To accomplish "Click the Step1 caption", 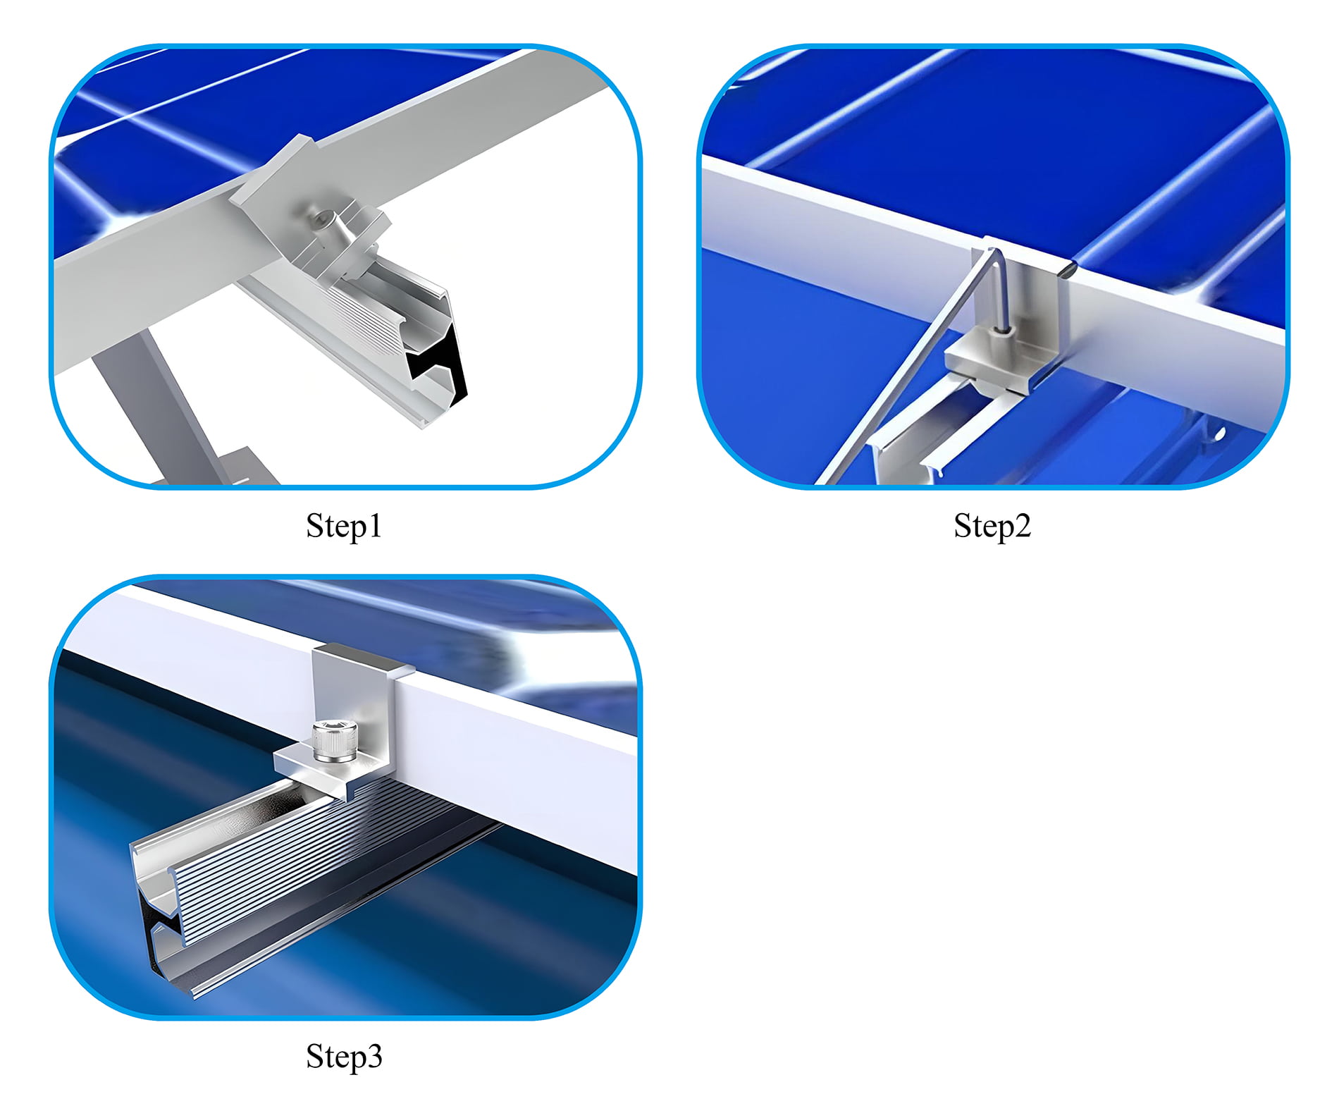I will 344,526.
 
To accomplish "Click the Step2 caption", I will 992,526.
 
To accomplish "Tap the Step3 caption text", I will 344,1056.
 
